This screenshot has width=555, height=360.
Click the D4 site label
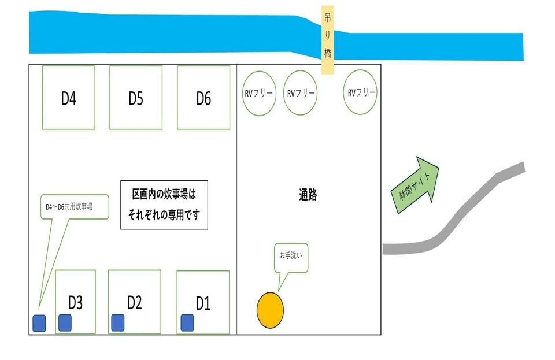click(69, 98)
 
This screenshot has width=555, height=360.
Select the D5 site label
click(136, 98)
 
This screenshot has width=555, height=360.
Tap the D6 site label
click(203, 98)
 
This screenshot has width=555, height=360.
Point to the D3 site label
click(75, 303)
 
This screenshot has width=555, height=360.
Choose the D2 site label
click(135, 303)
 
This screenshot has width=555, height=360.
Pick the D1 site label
click(203, 303)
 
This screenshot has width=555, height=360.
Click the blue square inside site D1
click(187, 323)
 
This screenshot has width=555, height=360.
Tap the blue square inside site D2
click(118, 323)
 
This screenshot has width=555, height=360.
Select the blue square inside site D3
click(65, 323)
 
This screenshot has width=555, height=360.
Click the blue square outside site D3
click(39, 323)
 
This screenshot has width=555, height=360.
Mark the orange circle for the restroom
click(270, 310)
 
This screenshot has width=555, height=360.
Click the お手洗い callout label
click(291, 255)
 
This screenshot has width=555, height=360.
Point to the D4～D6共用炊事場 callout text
click(69, 206)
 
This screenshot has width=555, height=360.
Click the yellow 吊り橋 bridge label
click(327, 40)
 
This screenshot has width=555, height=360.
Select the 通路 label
click(308, 195)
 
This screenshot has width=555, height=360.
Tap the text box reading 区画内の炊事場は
click(164, 205)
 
